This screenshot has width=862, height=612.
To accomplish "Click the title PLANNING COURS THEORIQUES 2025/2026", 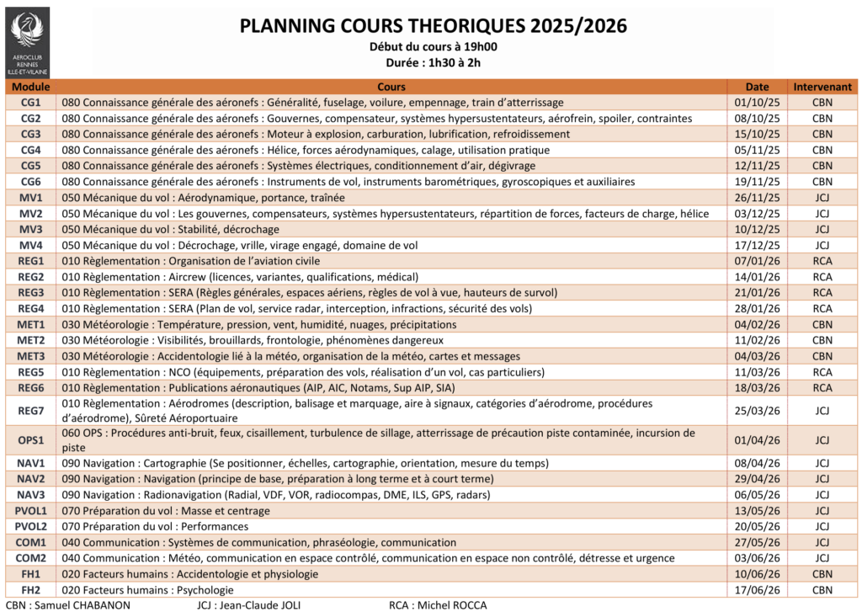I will pos(434,26).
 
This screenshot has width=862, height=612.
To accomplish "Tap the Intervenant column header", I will pos(822,87).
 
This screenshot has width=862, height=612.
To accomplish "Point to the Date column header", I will pos(758,87).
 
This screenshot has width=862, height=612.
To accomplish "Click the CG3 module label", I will pos(31,134).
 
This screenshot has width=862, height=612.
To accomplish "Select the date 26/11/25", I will pos(758,198).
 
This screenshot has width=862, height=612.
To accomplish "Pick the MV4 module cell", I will pos(31,245).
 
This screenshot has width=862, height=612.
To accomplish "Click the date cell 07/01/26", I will pos(758,261).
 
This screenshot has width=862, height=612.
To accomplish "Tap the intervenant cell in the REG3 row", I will pos(822,293).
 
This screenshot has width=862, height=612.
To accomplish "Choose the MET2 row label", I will pos(31,340).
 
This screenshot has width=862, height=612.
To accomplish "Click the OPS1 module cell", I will pos(31,440).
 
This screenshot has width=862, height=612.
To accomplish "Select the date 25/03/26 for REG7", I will pos(758,411).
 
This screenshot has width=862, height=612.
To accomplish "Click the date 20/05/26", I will pos(758,526).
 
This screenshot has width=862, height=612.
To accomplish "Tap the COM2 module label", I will pos(31,558).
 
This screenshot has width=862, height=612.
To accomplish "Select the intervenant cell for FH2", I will pos(822,589).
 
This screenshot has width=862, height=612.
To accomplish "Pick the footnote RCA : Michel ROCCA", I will pos(438,605).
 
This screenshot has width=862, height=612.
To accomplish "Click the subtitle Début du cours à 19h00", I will pos(433,47).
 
